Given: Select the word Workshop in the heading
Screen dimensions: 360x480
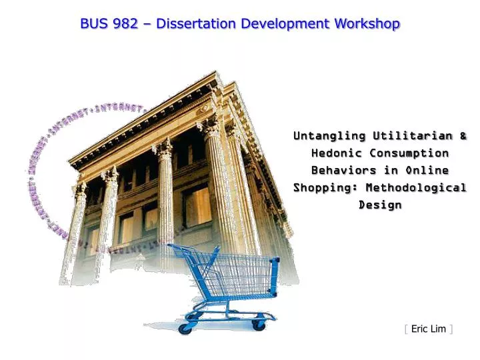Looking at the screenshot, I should pyautogui.click(x=367, y=24).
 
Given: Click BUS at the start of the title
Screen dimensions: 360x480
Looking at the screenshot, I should pyautogui.click(x=94, y=24).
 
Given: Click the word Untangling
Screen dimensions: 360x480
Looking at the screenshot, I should pyautogui.click(x=329, y=136).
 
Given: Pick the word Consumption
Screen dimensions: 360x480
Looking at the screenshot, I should pyautogui.click(x=412, y=153).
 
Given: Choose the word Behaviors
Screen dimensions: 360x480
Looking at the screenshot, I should pyautogui.click(x=344, y=171).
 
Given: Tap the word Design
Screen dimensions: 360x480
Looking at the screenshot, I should pyautogui.click(x=380, y=205).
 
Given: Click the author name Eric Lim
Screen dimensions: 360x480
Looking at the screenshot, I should pyautogui.click(x=429, y=329).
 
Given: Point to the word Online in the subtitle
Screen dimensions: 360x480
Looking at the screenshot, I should pyautogui.click(x=427, y=171).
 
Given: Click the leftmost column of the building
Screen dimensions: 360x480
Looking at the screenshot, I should pyautogui.click(x=75, y=233).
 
